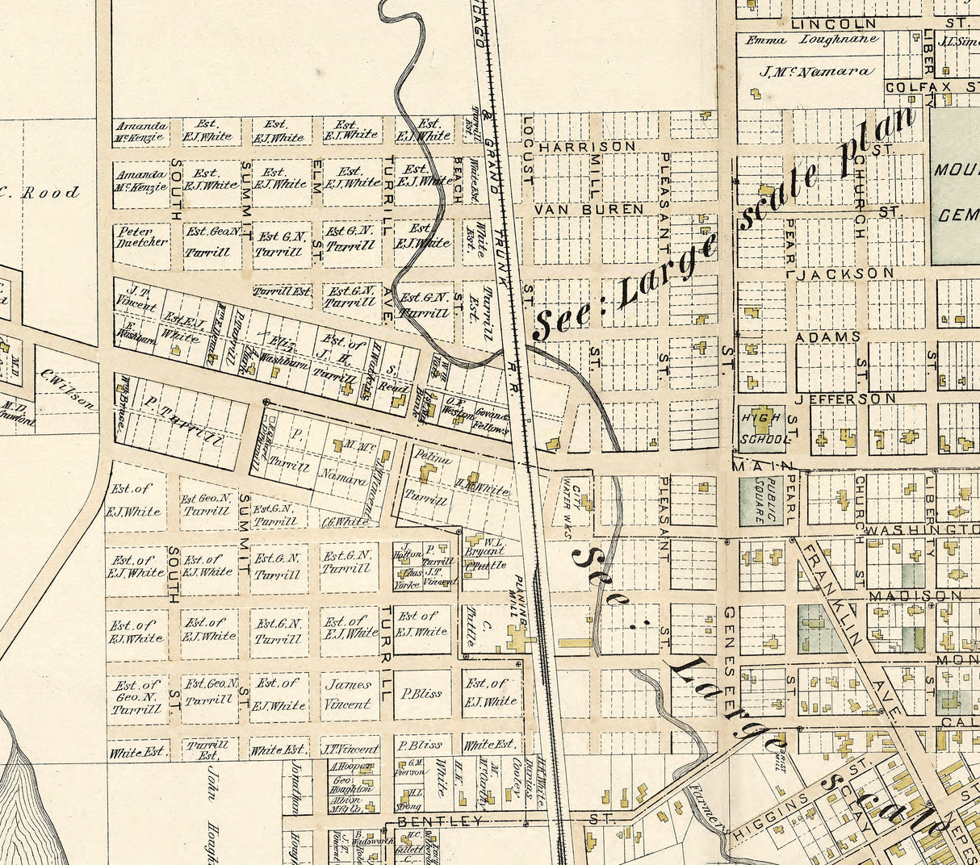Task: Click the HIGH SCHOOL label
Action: [x=762, y=428]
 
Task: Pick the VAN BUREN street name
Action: [x=589, y=209]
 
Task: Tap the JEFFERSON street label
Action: [x=845, y=399]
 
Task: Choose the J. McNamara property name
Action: [x=816, y=71]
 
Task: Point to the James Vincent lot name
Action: [x=348, y=693]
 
